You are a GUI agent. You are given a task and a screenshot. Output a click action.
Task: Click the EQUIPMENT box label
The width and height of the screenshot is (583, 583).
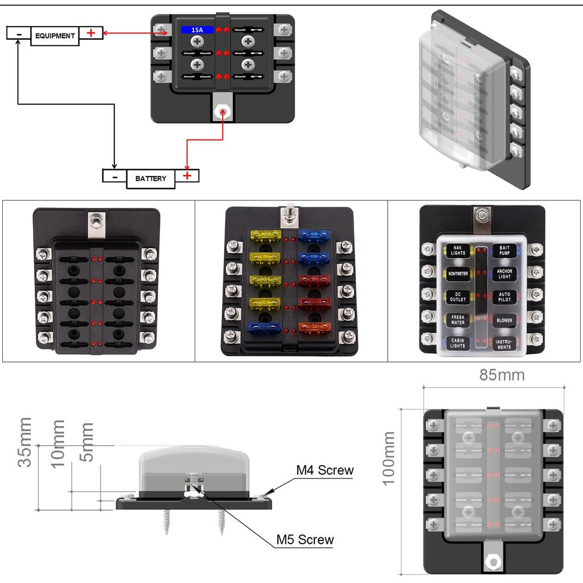point(55,36)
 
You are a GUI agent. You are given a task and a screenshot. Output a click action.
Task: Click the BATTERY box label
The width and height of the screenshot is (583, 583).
point(151,179)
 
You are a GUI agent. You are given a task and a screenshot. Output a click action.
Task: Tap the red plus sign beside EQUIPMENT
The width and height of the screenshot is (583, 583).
point(91,33)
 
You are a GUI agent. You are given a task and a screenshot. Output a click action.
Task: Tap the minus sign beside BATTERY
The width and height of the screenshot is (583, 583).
point(114,176)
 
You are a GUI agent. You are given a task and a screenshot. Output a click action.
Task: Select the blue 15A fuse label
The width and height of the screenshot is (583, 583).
point(197,30)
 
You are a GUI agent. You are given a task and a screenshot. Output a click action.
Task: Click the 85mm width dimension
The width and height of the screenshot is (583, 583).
point(494,375)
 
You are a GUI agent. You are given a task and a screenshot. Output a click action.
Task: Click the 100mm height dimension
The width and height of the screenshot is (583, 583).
point(389,458)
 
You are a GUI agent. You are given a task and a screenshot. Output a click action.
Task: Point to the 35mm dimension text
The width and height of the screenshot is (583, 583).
point(24,442)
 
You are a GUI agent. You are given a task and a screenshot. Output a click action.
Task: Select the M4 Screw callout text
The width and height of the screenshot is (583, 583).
point(325,471)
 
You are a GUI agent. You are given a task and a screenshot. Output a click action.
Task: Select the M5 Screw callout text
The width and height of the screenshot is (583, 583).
point(305,540)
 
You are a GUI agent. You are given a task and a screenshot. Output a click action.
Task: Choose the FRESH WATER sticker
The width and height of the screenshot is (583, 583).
point(458,320)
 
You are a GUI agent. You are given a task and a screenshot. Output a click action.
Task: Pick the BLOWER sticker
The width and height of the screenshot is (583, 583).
point(504,321)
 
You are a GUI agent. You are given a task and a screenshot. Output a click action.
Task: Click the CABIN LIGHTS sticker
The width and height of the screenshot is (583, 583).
point(458,343)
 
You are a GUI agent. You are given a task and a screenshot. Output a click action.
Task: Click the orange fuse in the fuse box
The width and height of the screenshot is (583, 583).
point(314,327)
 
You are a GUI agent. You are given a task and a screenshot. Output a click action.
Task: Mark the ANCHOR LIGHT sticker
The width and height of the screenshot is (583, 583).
point(504,274)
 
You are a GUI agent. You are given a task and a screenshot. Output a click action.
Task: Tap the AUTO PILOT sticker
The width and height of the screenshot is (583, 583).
point(504,297)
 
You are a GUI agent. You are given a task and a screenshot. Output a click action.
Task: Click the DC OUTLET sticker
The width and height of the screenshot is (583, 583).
point(458,297)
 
